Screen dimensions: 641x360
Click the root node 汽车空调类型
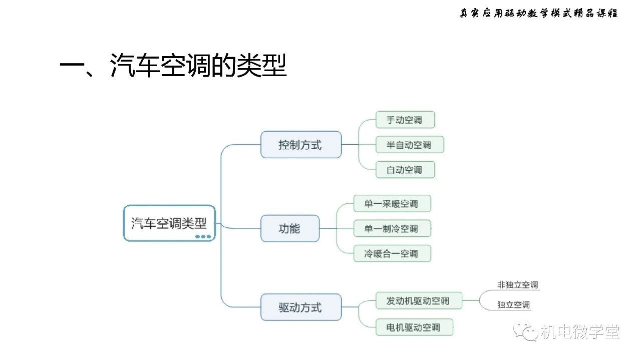169,223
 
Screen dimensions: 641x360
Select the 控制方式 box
301,145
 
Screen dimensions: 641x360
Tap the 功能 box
289,228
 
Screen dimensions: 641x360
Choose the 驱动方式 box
301,307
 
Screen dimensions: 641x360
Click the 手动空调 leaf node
405,120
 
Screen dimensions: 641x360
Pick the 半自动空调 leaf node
410,145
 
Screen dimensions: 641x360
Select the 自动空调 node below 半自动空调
405,170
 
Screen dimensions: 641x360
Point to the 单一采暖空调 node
392,203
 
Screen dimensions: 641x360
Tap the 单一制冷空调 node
392,228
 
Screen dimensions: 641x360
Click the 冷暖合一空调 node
392,253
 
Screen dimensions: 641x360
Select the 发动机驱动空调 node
419,300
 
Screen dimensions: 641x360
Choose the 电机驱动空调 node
414,327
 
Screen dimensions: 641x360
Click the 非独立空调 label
518,285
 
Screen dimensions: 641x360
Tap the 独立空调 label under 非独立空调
514,305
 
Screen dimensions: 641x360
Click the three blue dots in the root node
203,237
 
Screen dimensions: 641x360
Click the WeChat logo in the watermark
526,331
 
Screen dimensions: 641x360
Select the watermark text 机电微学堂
580,332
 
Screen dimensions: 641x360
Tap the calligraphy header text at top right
538,13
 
